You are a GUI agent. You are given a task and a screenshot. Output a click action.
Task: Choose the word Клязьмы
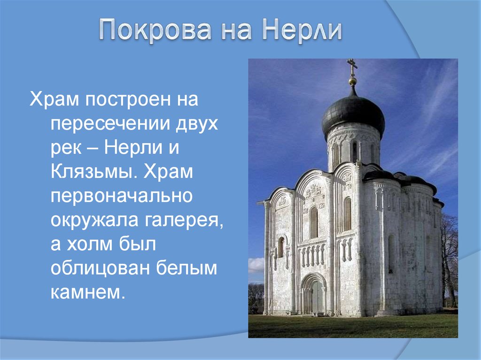click(x=94, y=172)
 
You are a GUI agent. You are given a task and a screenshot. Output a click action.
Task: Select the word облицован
click(x=100, y=268)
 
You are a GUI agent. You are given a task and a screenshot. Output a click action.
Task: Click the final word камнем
click(x=88, y=292)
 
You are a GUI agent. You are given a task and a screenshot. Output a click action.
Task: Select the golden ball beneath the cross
click(x=353, y=81)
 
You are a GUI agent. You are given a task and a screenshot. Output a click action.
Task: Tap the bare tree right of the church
click(x=450, y=260)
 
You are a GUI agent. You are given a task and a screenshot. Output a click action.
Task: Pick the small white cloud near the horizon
click(x=256, y=265)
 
